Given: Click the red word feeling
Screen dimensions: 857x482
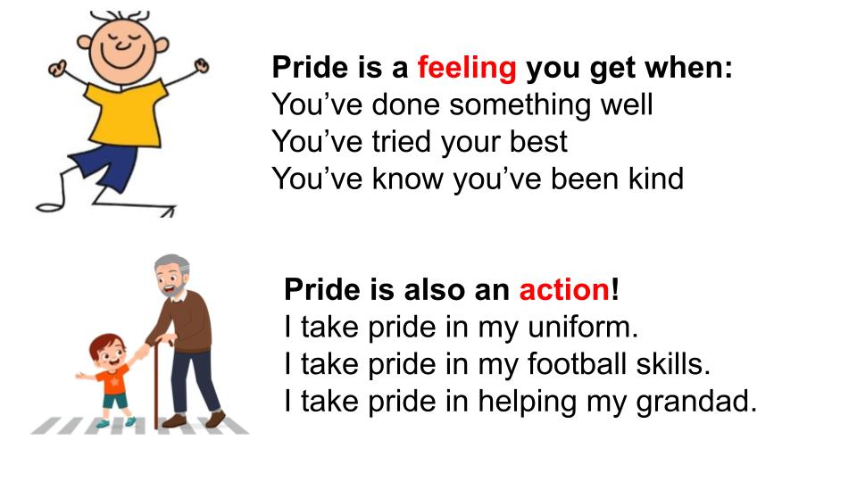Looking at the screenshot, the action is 467,69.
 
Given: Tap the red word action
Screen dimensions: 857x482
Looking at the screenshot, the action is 564,289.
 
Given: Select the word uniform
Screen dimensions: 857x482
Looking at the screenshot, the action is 583,328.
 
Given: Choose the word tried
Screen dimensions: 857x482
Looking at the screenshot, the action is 402,142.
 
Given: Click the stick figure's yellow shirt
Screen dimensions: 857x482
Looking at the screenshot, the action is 126,113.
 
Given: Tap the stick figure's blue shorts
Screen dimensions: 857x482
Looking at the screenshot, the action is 105,166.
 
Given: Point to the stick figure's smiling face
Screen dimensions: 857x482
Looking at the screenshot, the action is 122,49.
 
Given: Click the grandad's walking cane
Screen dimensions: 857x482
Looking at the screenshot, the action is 157,384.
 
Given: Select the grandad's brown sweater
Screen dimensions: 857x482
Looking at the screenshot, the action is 184,322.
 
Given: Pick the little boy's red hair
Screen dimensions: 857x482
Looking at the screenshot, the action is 106,344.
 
